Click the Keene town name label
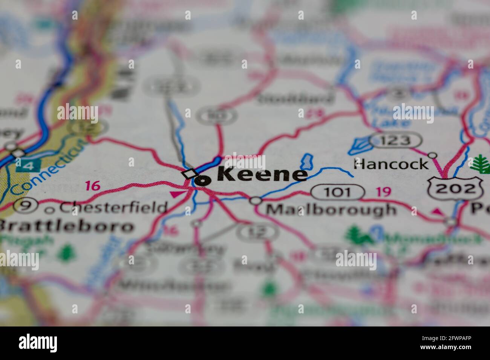pyautogui.click(x=262, y=174)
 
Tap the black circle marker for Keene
pyautogui.click(x=202, y=181)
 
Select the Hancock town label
pyautogui.click(x=391, y=164)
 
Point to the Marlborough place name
pyautogui.click(x=331, y=209)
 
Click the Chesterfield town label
pyautogui.click(x=113, y=207)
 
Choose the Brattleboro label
pyautogui.click(x=66, y=226)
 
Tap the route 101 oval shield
pyautogui.click(x=337, y=192)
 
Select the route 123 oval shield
pyautogui.click(x=395, y=140)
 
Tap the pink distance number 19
pyautogui.click(x=383, y=192)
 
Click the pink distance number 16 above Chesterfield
pyautogui.click(x=92, y=186)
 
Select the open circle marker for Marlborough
pyautogui.click(x=256, y=201)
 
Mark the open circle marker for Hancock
pyautogui.click(x=433, y=155)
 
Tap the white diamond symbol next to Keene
pyautogui.click(x=189, y=174)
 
